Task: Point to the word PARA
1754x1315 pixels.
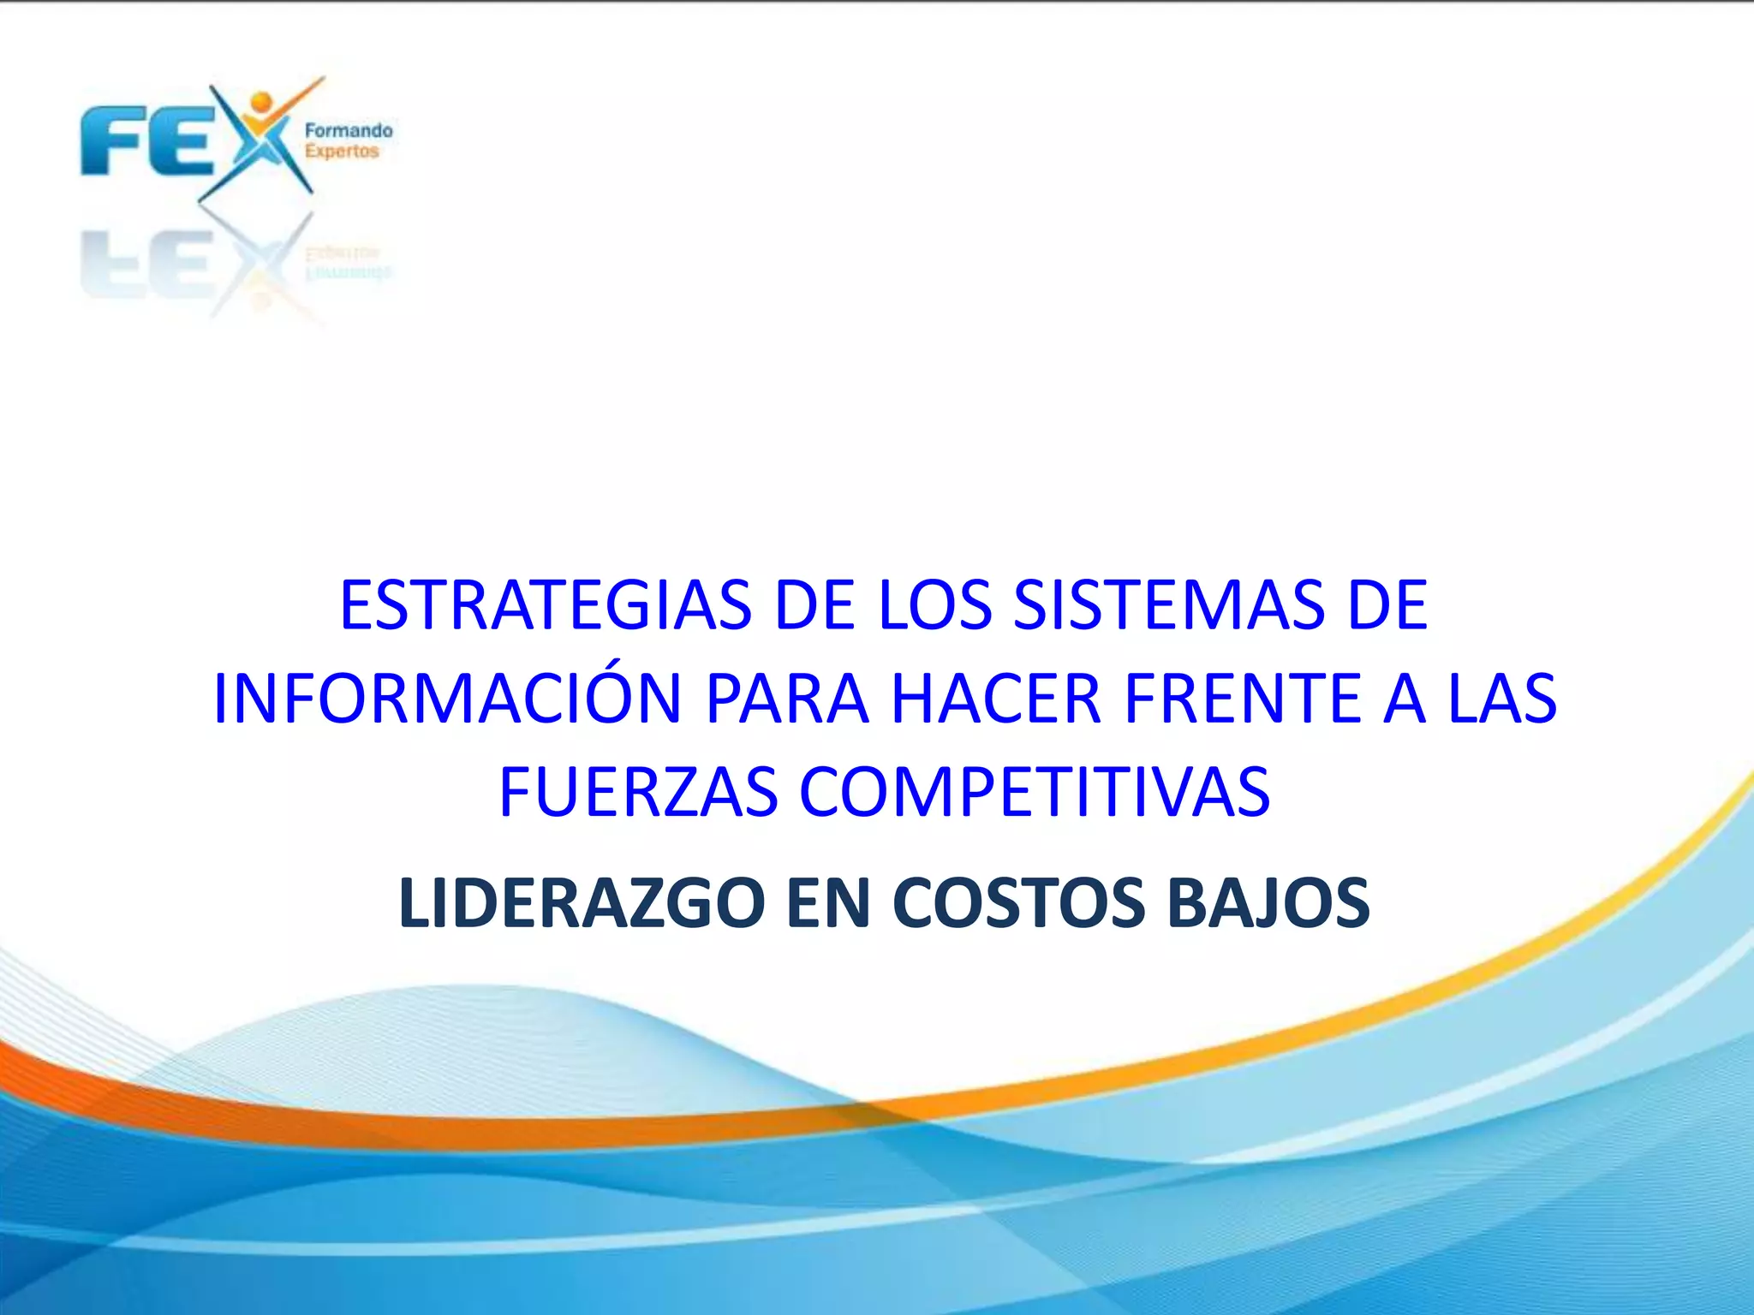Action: [x=786, y=699]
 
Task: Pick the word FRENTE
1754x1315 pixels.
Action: [x=1242, y=699]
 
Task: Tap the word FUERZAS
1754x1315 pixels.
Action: [x=638, y=792]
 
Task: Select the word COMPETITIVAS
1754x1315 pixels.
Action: [x=1035, y=792]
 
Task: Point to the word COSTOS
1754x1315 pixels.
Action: [x=1018, y=903]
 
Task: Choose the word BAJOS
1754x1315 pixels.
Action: [x=1268, y=903]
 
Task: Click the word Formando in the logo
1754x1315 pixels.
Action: [x=349, y=131]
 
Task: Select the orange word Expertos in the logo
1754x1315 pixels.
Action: [x=342, y=152]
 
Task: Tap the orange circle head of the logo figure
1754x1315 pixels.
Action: [x=261, y=102]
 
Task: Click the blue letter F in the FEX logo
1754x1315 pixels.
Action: [x=112, y=141]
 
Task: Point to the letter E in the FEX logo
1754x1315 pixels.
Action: [x=180, y=141]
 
